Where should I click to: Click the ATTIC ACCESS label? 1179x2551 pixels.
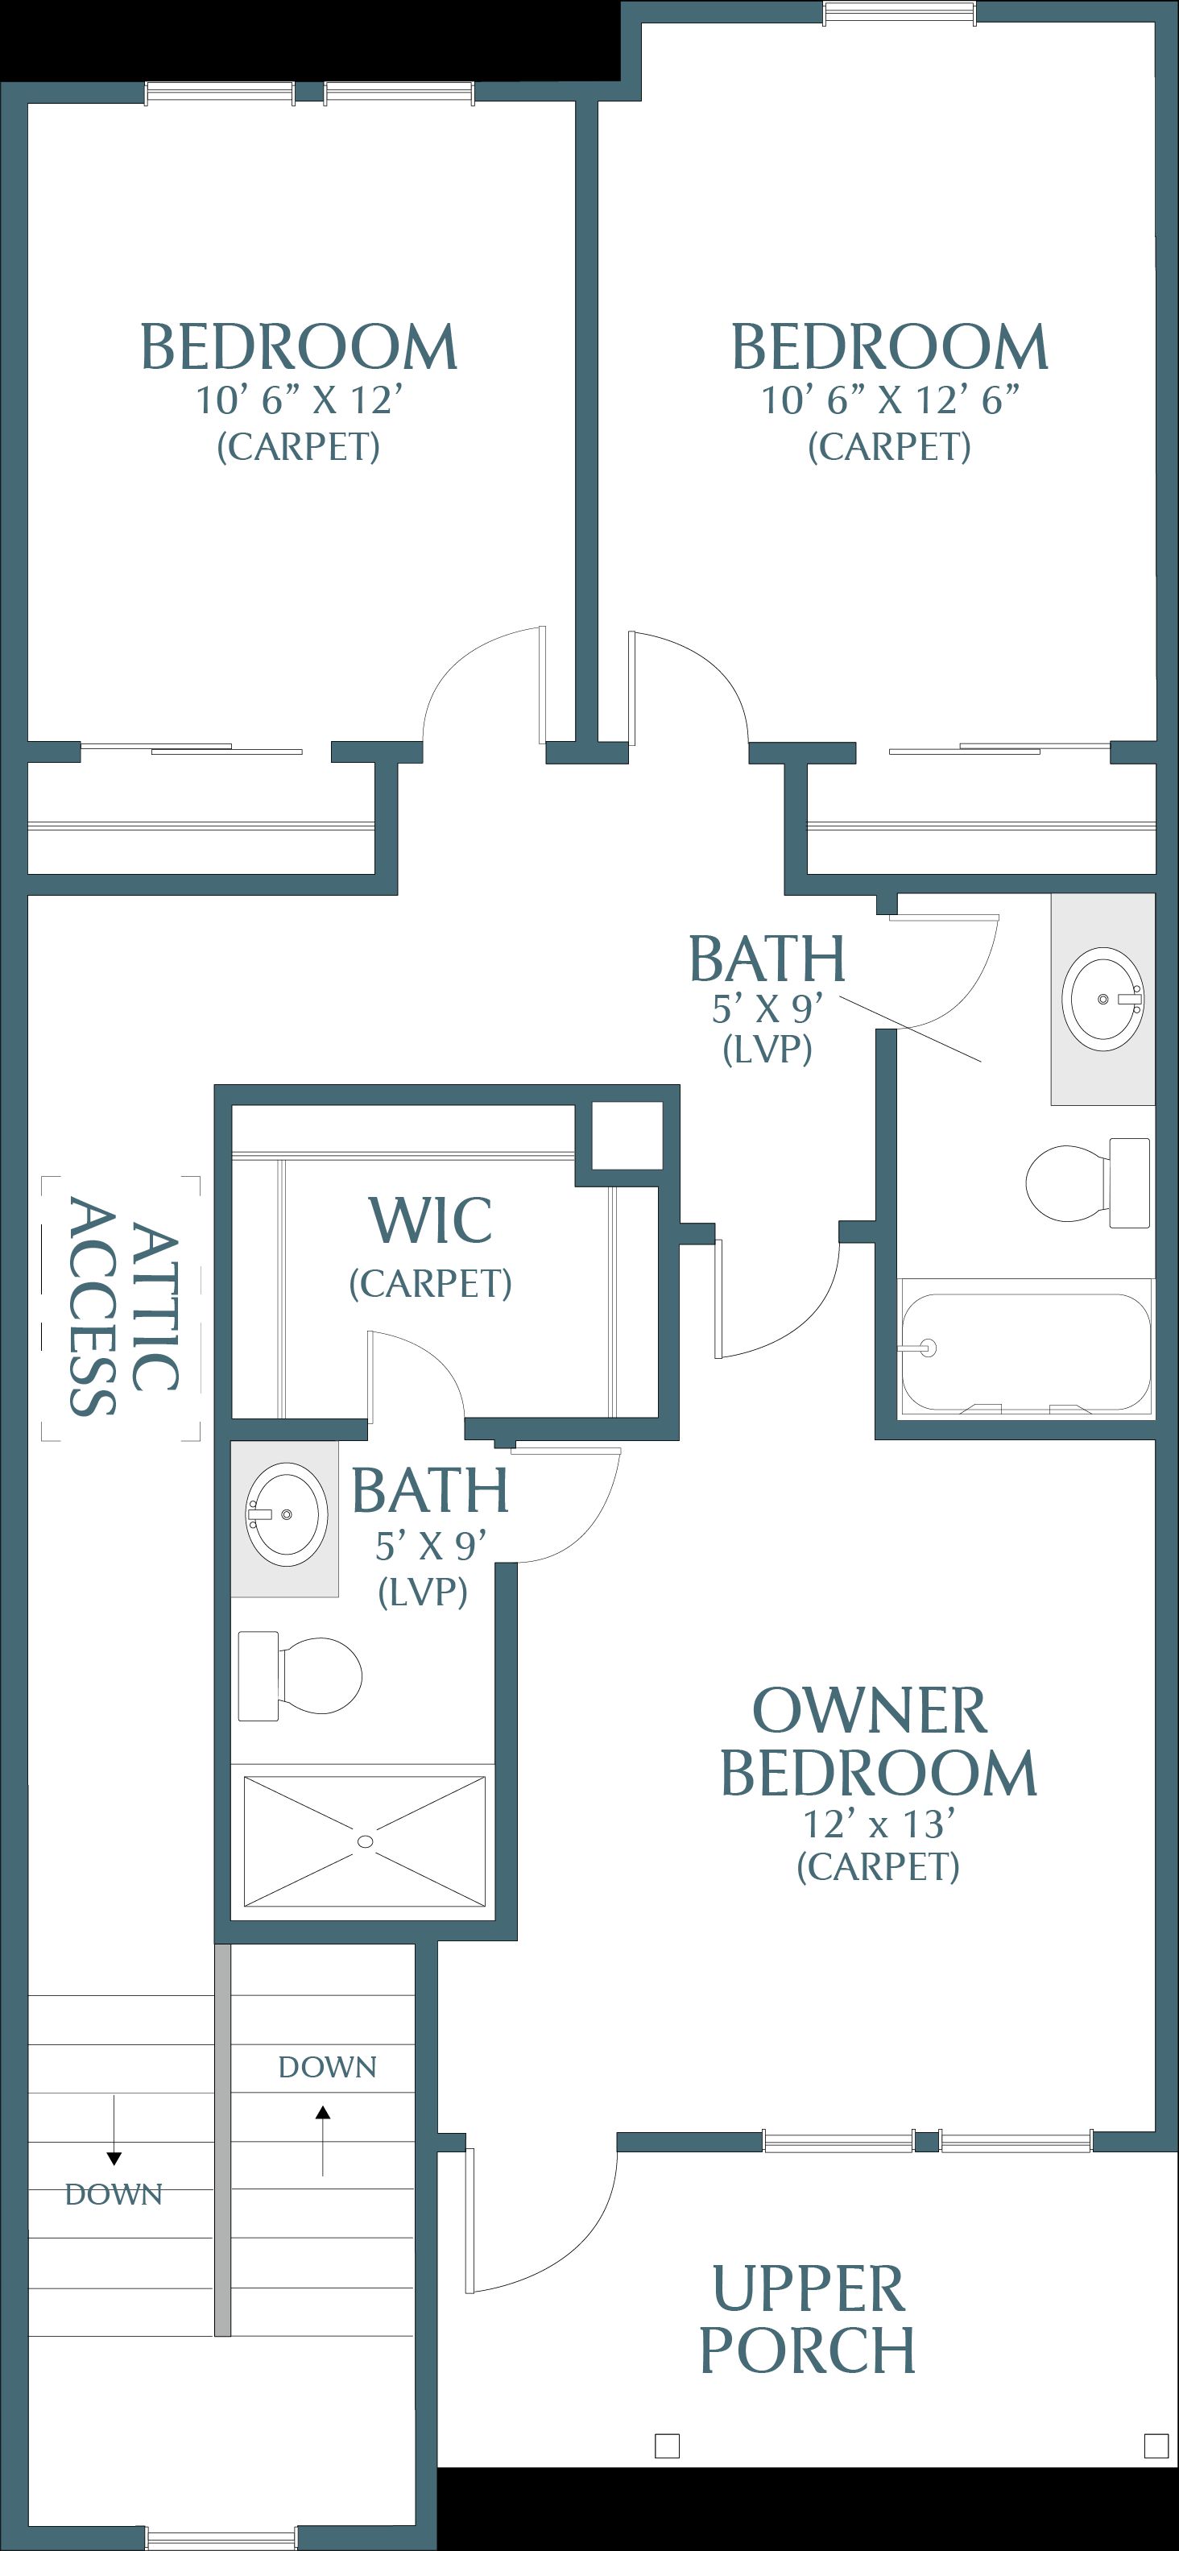click(x=122, y=1307)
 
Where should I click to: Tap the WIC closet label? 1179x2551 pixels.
click(x=431, y=1220)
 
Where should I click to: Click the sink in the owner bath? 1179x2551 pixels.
click(x=285, y=1514)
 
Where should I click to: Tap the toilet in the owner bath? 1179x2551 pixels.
click(x=300, y=1675)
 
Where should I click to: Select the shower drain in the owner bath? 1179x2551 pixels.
click(x=366, y=1841)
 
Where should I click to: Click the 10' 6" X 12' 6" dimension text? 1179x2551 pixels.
click(x=890, y=400)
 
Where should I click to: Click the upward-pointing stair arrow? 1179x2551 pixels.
click(x=323, y=2141)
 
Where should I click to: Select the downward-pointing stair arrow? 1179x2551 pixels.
click(x=114, y=2130)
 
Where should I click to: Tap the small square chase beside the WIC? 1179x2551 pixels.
click(x=627, y=1136)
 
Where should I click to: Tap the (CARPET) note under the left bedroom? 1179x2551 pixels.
click(x=298, y=446)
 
